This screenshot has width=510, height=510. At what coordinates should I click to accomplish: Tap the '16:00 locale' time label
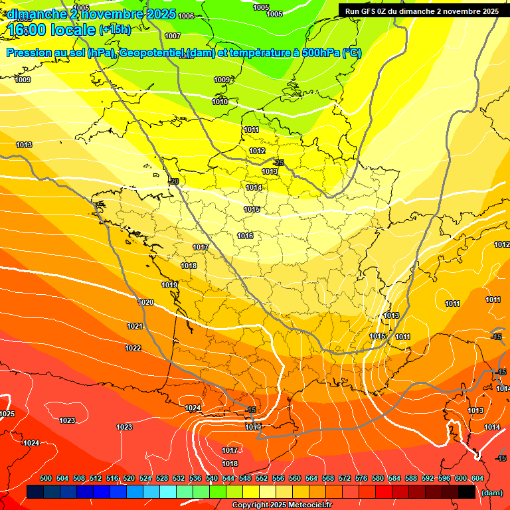(x=52, y=31)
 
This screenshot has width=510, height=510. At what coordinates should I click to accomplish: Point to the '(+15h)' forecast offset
(x=115, y=30)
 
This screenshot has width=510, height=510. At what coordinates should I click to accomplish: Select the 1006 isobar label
(x=187, y=16)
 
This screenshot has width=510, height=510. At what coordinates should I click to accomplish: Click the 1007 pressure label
(x=173, y=36)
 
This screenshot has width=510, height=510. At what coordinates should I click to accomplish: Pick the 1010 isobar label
(x=220, y=102)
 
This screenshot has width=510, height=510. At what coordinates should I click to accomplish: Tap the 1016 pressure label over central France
(x=245, y=236)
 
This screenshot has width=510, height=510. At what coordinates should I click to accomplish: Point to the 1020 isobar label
(x=145, y=302)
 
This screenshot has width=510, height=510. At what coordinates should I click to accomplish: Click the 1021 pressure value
(x=135, y=326)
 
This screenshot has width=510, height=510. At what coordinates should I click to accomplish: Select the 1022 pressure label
(x=133, y=348)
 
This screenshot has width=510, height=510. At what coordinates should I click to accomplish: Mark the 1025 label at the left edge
(x=7, y=414)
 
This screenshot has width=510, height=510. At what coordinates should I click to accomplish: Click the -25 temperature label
(x=279, y=163)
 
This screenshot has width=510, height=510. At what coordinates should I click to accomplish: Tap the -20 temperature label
(x=174, y=181)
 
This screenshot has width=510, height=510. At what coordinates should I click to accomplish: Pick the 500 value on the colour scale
(x=46, y=478)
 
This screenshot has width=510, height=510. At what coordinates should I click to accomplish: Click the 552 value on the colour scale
(x=262, y=478)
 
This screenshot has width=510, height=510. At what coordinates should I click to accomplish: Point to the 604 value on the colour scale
(x=477, y=478)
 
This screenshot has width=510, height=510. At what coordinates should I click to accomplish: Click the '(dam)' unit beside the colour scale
(x=491, y=493)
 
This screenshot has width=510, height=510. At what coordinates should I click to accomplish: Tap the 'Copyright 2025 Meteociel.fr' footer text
(x=282, y=505)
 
